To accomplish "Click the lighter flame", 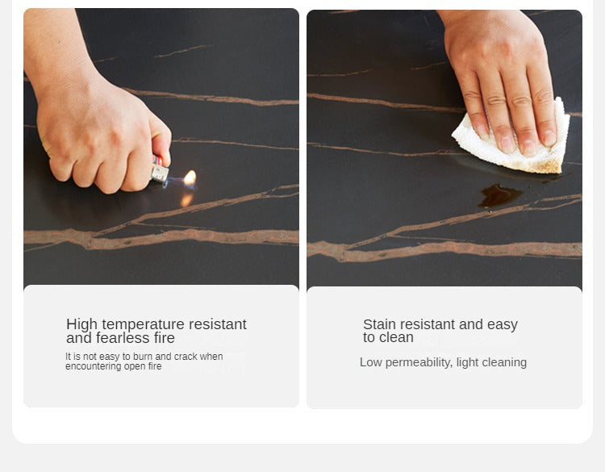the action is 190,178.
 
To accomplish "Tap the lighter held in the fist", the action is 159,169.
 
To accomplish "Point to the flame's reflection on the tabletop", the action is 186,200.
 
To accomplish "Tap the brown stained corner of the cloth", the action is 549,166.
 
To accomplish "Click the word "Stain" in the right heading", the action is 379,324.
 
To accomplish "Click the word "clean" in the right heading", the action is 397,338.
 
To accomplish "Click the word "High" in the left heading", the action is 81,324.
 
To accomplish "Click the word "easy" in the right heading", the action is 503,325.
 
